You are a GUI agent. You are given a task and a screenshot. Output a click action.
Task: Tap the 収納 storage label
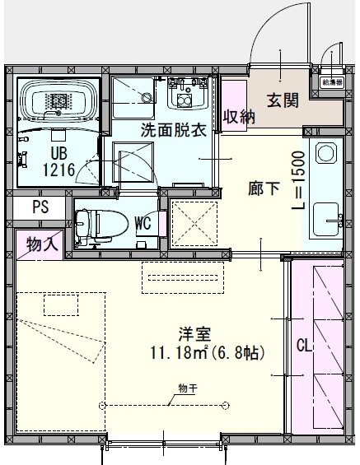click(237, 117)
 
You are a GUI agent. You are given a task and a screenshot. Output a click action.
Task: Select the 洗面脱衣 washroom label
click(172, 129)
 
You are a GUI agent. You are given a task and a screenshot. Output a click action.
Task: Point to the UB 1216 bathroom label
click(58, 162)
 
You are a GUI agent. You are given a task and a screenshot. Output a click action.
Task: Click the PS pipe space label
click(40, 207)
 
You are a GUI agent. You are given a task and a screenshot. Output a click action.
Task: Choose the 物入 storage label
click(40, 244)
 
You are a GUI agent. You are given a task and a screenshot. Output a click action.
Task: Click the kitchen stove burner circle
click(323, 154)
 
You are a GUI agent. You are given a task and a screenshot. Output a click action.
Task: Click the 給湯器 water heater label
click(331, 81)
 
